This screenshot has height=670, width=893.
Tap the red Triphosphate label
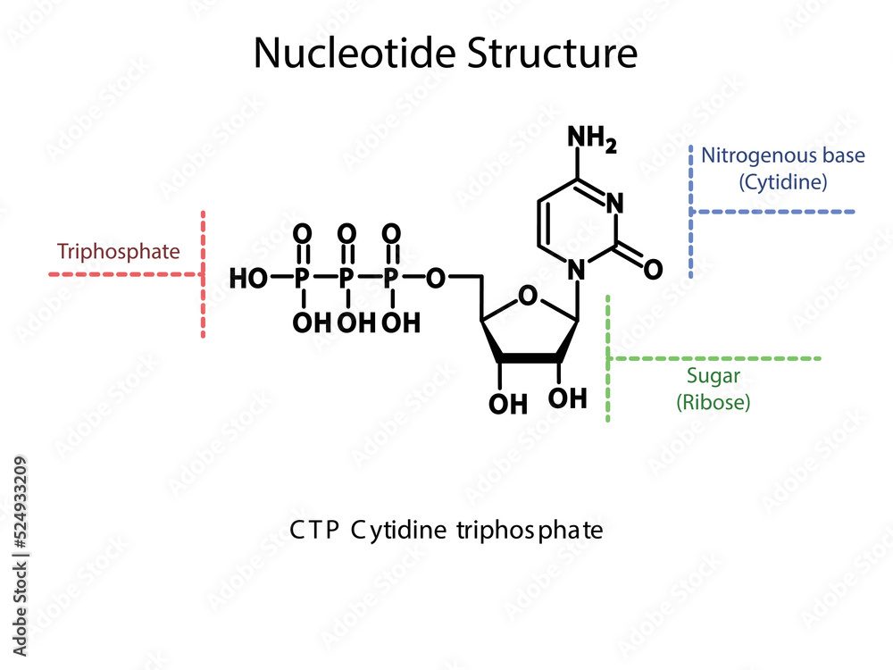118,251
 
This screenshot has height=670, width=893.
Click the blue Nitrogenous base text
782,155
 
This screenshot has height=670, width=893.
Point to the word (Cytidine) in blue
782,182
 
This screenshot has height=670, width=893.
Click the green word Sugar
713,376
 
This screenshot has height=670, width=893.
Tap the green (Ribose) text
713,402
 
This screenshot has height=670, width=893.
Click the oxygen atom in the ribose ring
529,296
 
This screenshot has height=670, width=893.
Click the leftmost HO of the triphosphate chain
249,279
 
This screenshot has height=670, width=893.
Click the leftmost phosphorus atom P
303,279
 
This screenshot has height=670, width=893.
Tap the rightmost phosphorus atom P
390,279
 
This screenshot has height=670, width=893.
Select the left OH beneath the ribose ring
507,404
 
